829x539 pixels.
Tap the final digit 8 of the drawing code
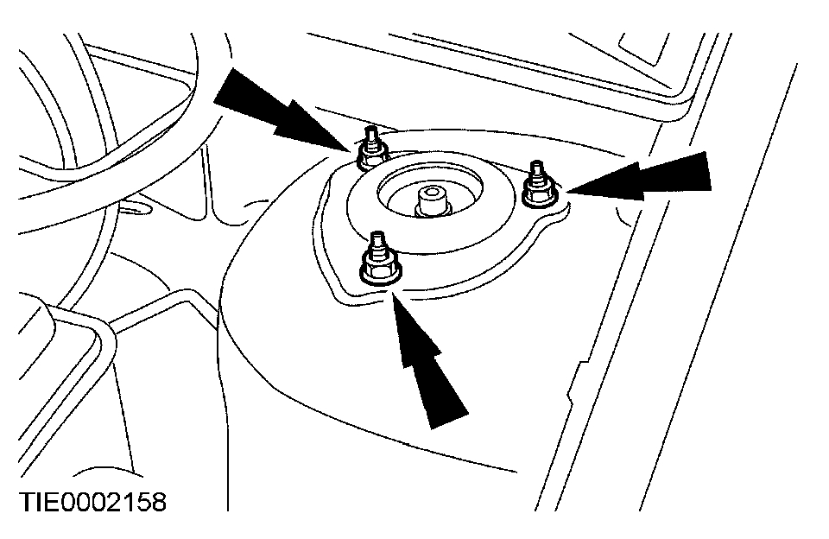pyautogui.click(x=156, y=502)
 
